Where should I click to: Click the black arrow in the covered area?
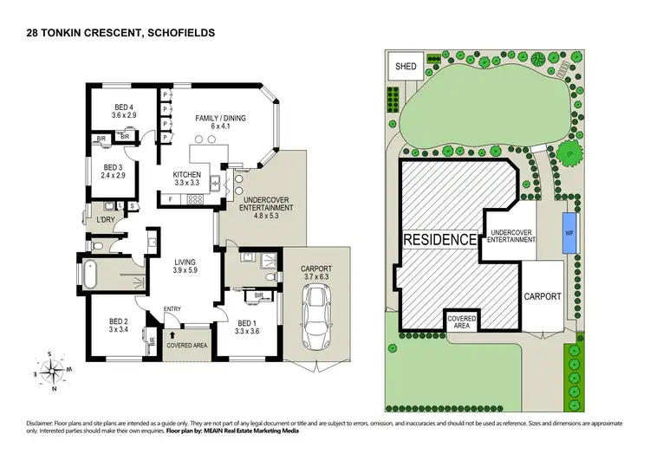click(x=173, y=334)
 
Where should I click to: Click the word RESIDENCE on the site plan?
click(x=439, y=239)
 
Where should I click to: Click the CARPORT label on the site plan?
click(x=543, y=296)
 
